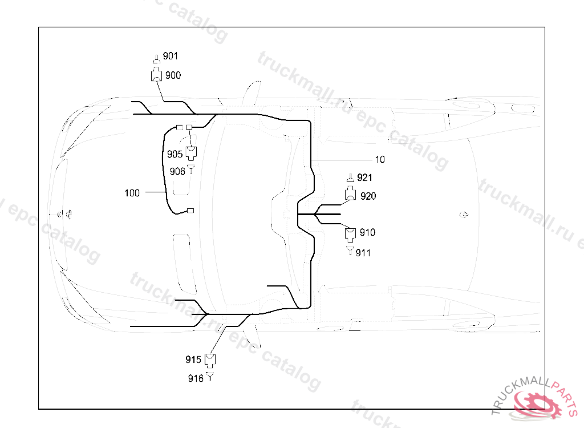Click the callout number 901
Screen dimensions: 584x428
[171, 56]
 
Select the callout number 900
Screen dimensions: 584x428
[173, 75]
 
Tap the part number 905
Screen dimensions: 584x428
[175, 154]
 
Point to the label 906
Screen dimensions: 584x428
[177, 171]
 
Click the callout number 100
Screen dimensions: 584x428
[132, 193]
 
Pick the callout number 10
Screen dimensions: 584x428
[380, 159]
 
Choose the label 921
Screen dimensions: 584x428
[364, 178]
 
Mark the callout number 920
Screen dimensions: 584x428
[368, 196]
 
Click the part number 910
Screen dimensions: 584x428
[368, 232]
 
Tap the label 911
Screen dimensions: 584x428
[363, 253]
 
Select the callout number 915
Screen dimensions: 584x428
[193, 360]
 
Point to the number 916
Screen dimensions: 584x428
[196, 378]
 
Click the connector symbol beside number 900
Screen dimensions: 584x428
[156, 75]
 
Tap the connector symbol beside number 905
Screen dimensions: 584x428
[192, 152]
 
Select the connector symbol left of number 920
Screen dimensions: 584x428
[351, 195]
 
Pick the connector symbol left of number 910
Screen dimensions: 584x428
[351, 233]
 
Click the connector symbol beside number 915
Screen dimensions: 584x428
[211, 360]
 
